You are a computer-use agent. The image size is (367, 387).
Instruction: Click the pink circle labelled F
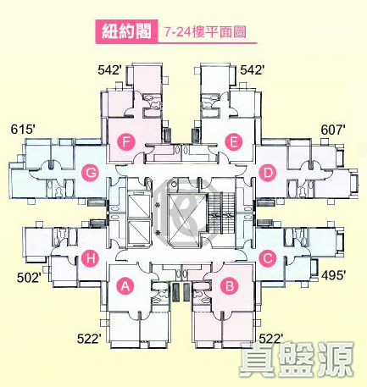[x=126, y=142]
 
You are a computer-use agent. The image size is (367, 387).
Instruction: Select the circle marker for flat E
[x=233, y=142]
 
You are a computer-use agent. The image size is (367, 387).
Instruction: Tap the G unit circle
[x=91, y=173]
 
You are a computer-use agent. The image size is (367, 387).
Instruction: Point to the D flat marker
[x=268, y=173]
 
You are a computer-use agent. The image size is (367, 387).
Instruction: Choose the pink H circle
[x=91, y=258]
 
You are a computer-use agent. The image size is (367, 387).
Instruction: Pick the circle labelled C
[x=268, y=258]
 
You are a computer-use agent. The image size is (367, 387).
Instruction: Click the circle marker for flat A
[x=125, y=287]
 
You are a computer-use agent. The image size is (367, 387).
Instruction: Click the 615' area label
[x=23, y=130]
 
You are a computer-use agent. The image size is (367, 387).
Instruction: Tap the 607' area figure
[x=333, y=130]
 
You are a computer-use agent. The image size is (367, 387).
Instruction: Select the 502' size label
[x=29, y=278]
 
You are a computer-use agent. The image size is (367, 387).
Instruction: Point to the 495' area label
[x=333, y=275]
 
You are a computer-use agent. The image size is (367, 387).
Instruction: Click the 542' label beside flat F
[x=110, y=70]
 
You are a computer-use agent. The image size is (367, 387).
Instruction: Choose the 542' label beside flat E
[x=253, y=70]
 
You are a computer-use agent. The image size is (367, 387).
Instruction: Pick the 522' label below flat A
[x=89, y=339]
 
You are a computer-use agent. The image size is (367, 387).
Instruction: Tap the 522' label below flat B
[x=271, y=338]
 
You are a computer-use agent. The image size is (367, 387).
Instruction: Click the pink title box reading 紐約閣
[x=126, y=31]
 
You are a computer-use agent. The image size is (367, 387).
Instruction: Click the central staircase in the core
[x=220, y=213]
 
